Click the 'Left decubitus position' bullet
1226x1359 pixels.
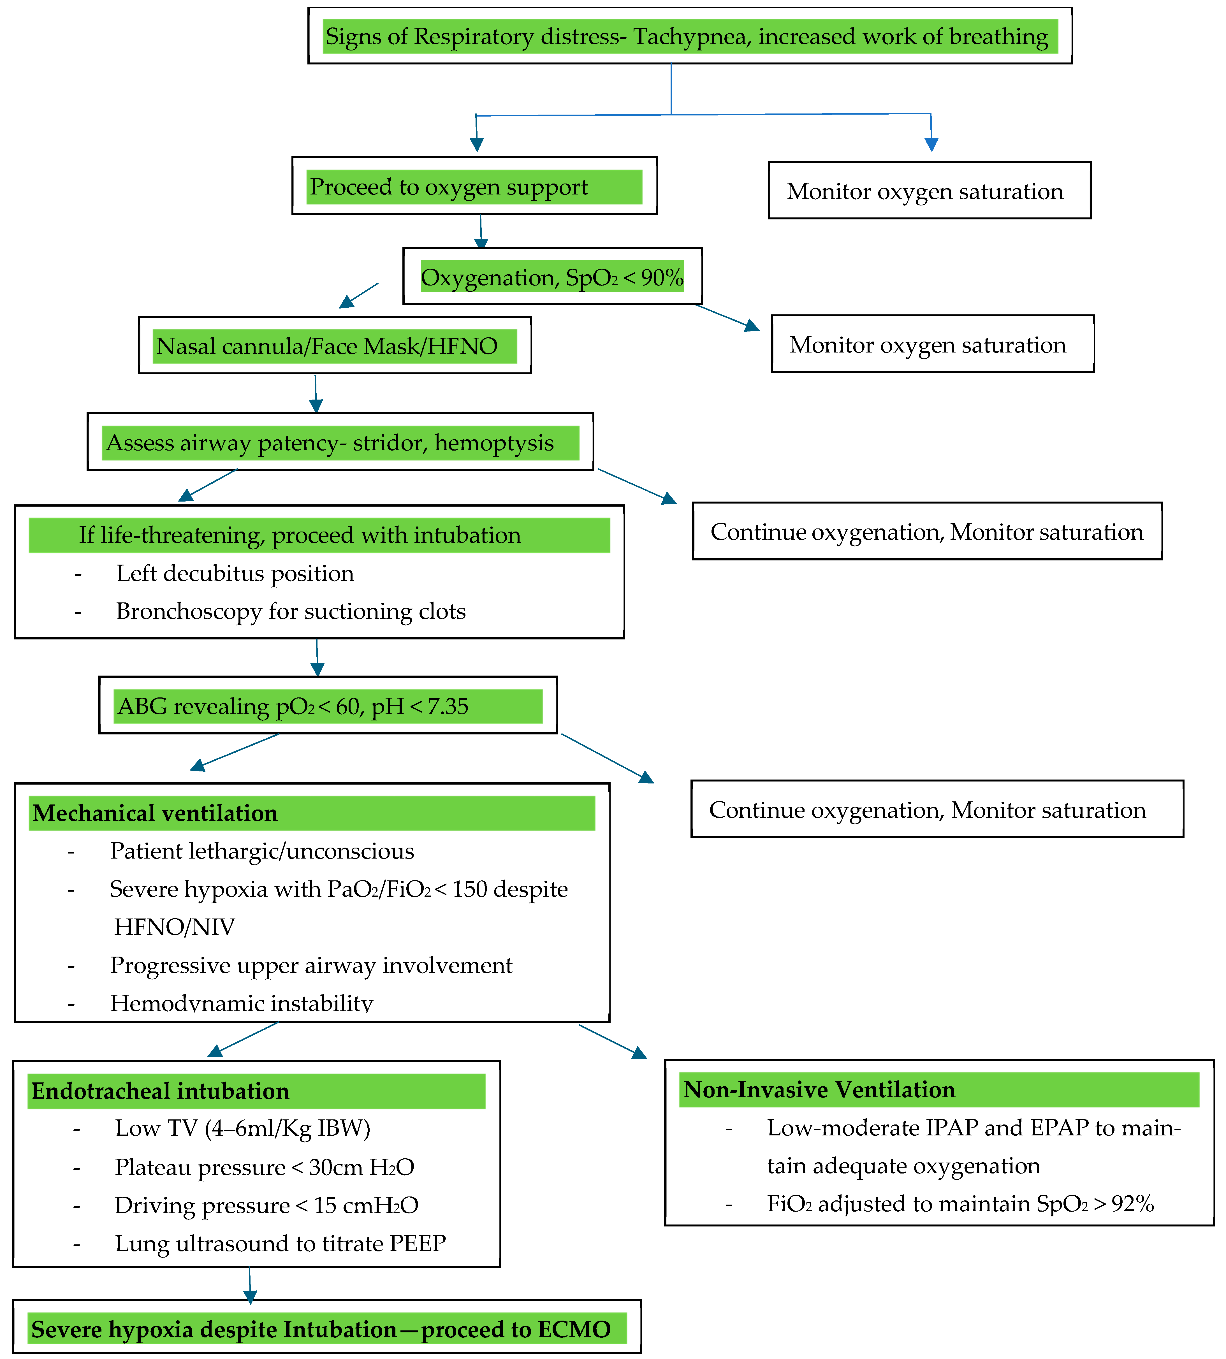235,573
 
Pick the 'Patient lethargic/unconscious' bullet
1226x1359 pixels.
262,851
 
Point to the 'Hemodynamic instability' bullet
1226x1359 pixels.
241,1003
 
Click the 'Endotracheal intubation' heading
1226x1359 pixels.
160,1091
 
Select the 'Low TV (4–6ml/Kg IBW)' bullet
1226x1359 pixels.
242,1129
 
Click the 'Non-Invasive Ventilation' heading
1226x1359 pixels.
819,1090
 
